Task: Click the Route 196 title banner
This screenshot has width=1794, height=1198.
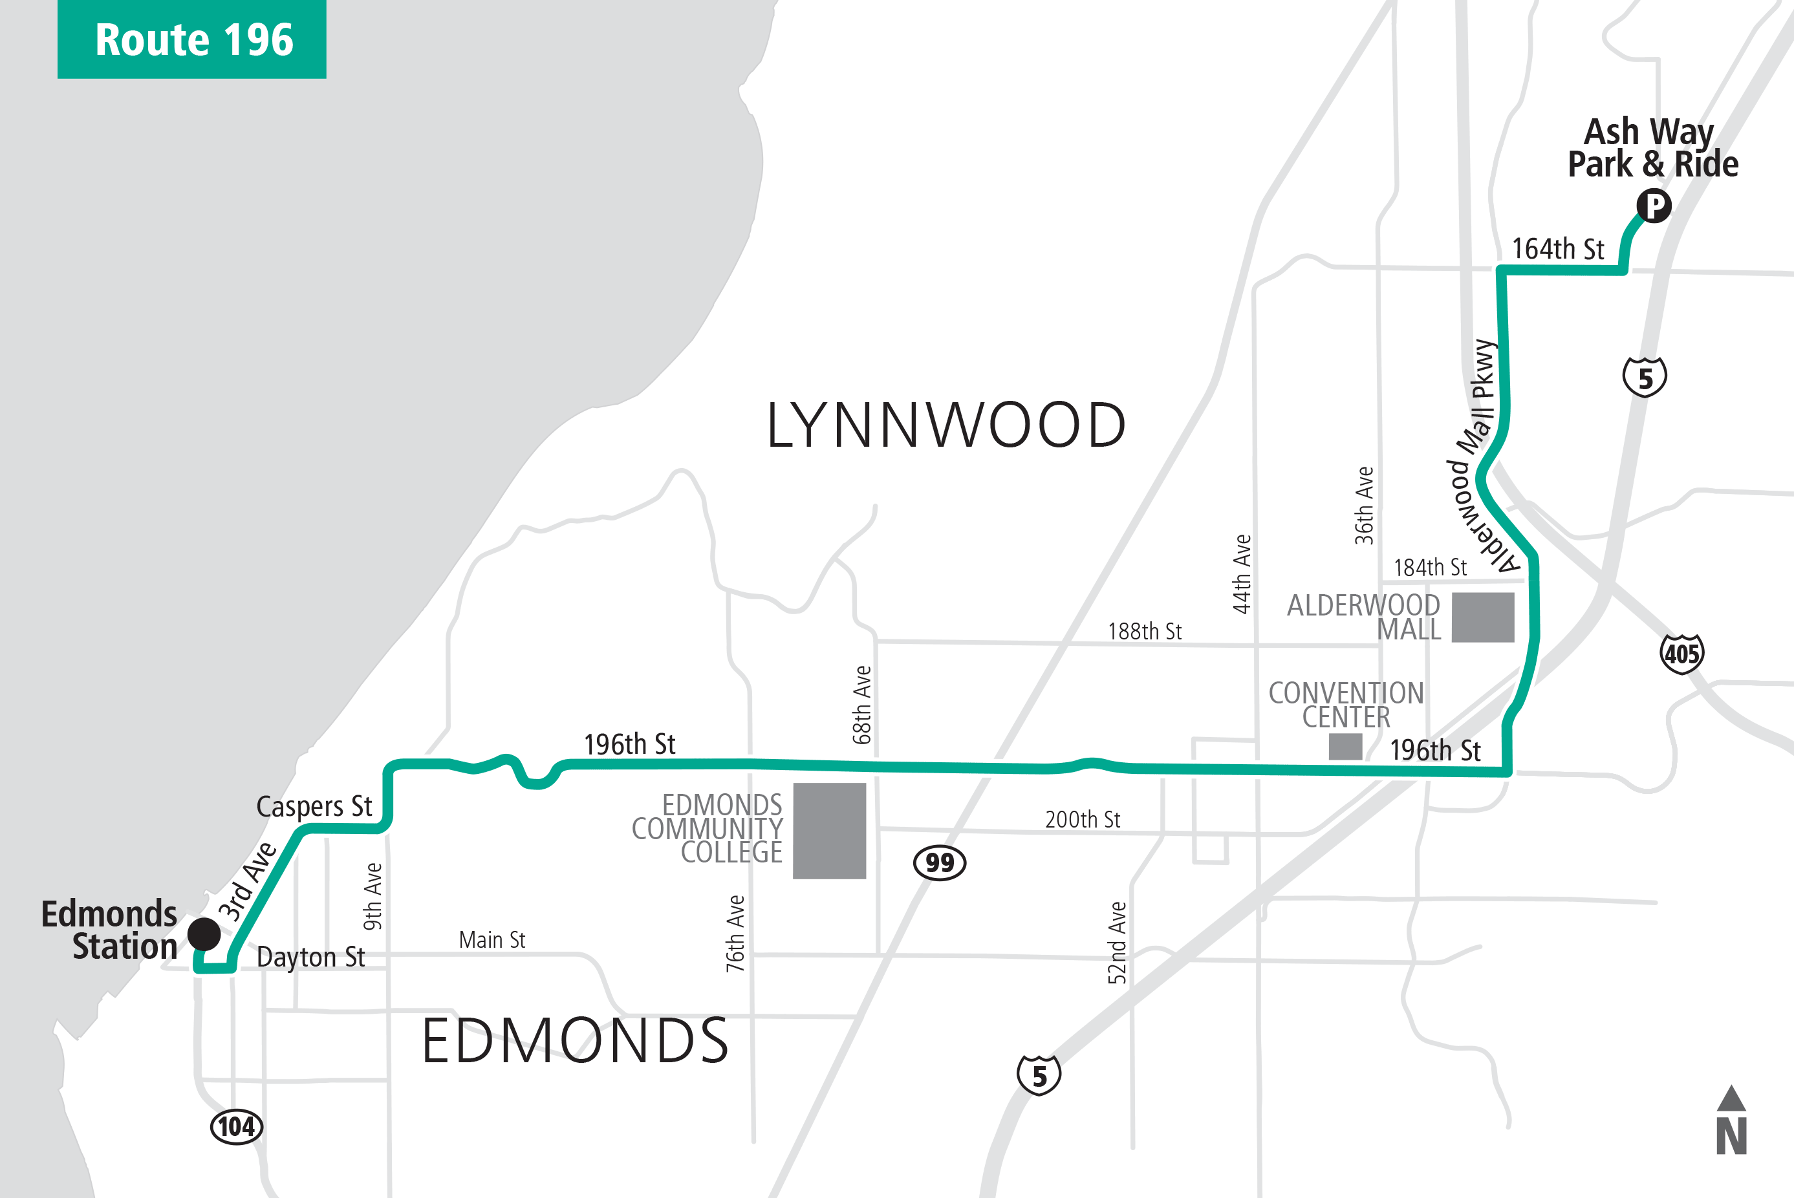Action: (x=192, y=39)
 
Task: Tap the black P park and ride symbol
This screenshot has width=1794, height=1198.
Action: (x=1654, y=206)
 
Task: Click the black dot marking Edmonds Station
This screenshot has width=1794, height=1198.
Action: (x=204, y=934)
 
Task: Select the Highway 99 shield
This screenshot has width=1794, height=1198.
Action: (x=940, y=862)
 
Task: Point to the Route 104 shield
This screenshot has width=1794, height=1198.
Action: (x=237, y=1126)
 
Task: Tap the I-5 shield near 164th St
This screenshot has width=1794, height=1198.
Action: (x=1644, y=378)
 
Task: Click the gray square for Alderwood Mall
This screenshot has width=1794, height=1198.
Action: (x=1482, y=617)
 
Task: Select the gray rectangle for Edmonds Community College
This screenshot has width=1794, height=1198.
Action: (x=829, y=831)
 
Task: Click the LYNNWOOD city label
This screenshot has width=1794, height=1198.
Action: (x=946, y=425)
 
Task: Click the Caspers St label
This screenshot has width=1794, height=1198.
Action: (x=314, y=806)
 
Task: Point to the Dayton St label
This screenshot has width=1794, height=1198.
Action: (x=310, y=957)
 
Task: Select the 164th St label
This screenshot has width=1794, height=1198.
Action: (x=1557, y=249)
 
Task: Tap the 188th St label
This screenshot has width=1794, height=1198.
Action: (x=1144, y=631)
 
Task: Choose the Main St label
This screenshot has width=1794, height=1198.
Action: (x=492, y=940)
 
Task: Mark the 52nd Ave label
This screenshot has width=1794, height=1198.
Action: (x=1117, y=943)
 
